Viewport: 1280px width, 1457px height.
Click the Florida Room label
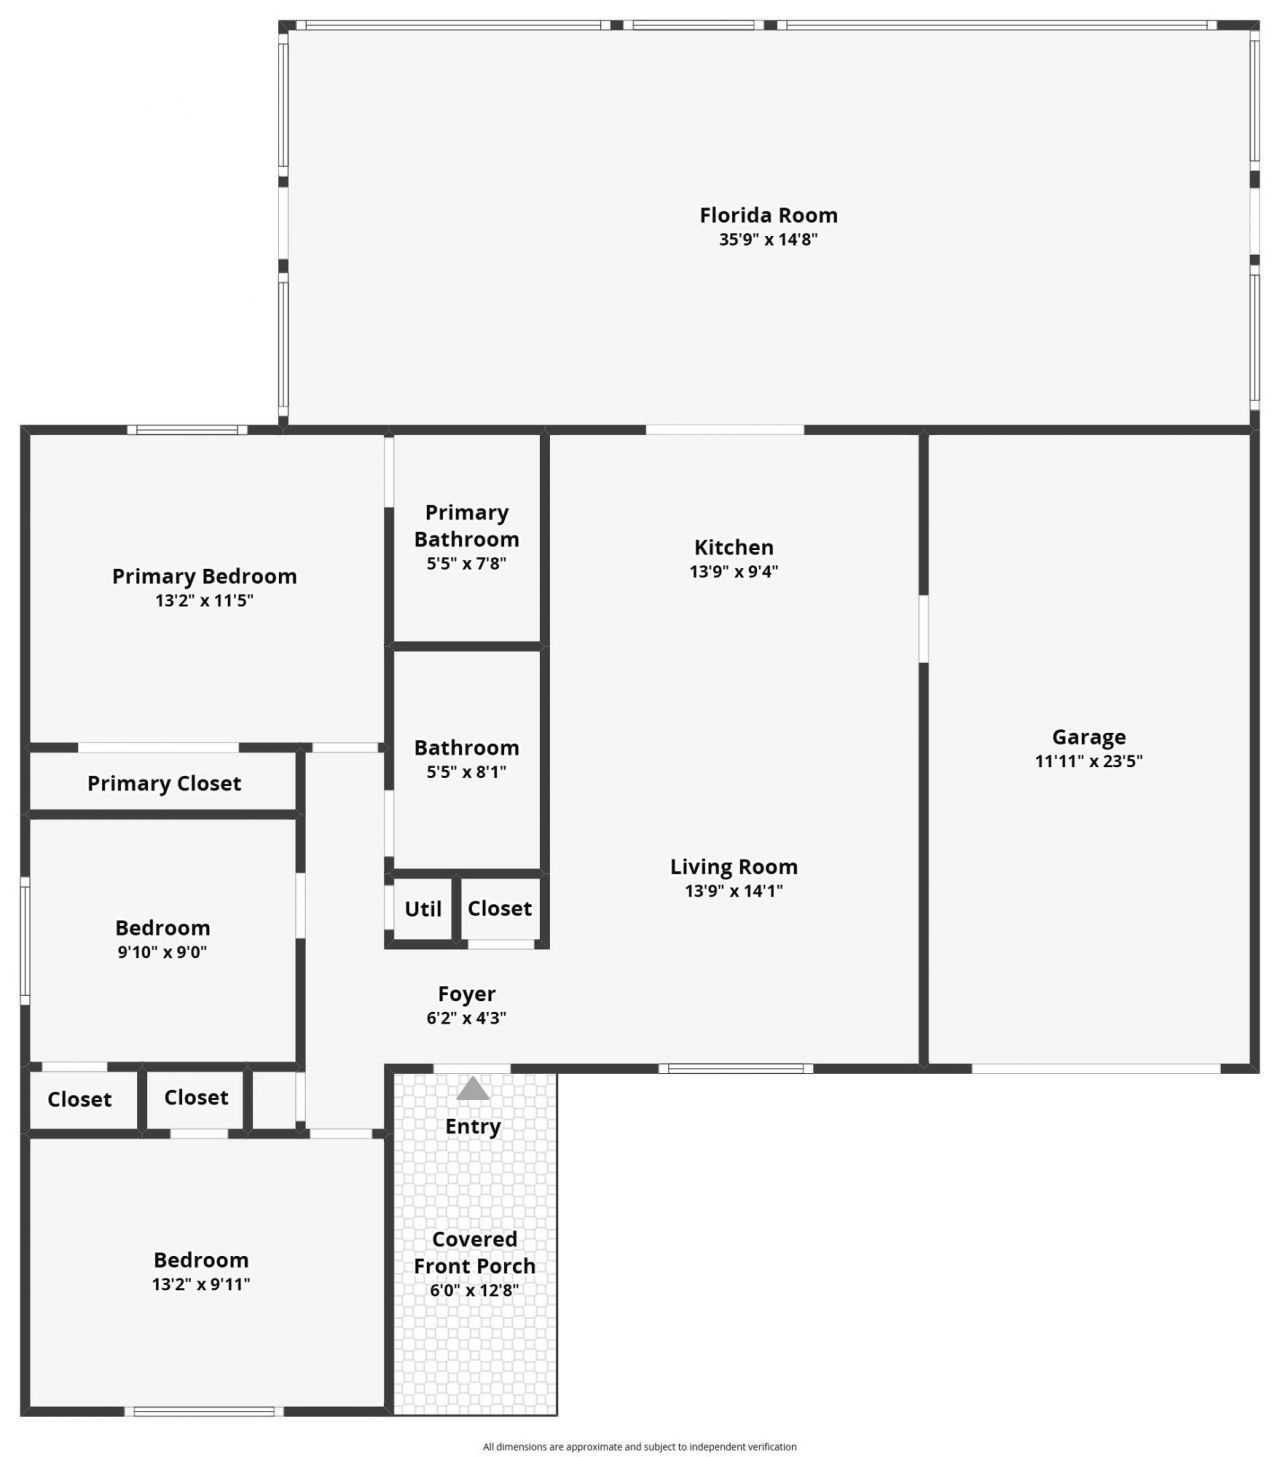[x=768, y=215]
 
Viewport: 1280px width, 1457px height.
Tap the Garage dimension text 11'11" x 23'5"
[x=1088, y=761]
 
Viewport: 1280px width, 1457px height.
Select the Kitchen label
[x=734, y=547]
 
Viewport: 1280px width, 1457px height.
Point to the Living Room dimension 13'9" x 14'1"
[x=734, y=891]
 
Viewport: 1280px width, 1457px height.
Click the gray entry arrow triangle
[x=473, y=1088]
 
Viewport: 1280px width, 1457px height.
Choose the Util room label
[x=422, y=909]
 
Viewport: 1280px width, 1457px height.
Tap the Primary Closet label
[x=164, y=783]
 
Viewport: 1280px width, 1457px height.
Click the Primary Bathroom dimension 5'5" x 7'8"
[x=466, y=563]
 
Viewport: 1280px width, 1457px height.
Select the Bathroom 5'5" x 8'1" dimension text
[x=466, y=772]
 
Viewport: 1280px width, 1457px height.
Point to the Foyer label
[x=466, y=994]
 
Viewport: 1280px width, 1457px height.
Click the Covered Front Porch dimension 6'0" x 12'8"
[x=474, y=1290]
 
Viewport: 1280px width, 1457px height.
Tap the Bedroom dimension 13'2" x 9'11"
[x=201, y=1285]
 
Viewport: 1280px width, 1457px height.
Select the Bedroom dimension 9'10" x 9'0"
[x=162, y=952]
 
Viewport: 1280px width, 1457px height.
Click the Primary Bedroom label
[x=204, y=576]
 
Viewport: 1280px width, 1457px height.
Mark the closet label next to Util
[x=499, y=908]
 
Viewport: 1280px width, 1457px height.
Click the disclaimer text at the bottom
[x=639, y=1447]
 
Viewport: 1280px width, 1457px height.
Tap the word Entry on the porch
[x=473, y=1126]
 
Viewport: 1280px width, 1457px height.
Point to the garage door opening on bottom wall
[x=1095, y=1068]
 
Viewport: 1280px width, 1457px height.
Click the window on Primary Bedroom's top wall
[x=187, y=430]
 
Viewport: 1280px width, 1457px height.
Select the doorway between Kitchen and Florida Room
[x=725, y=430]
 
